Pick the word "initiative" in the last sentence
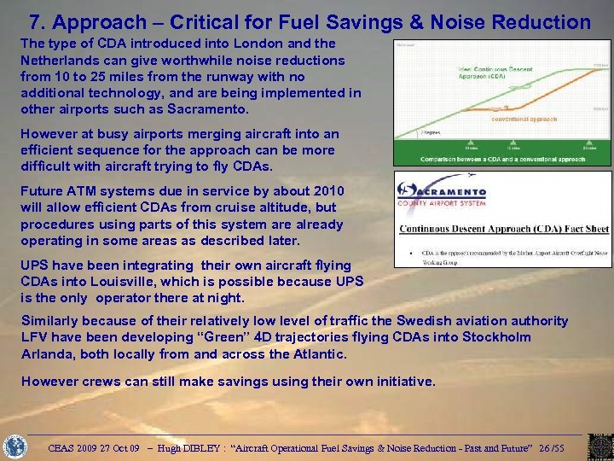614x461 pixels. pos(404,382)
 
